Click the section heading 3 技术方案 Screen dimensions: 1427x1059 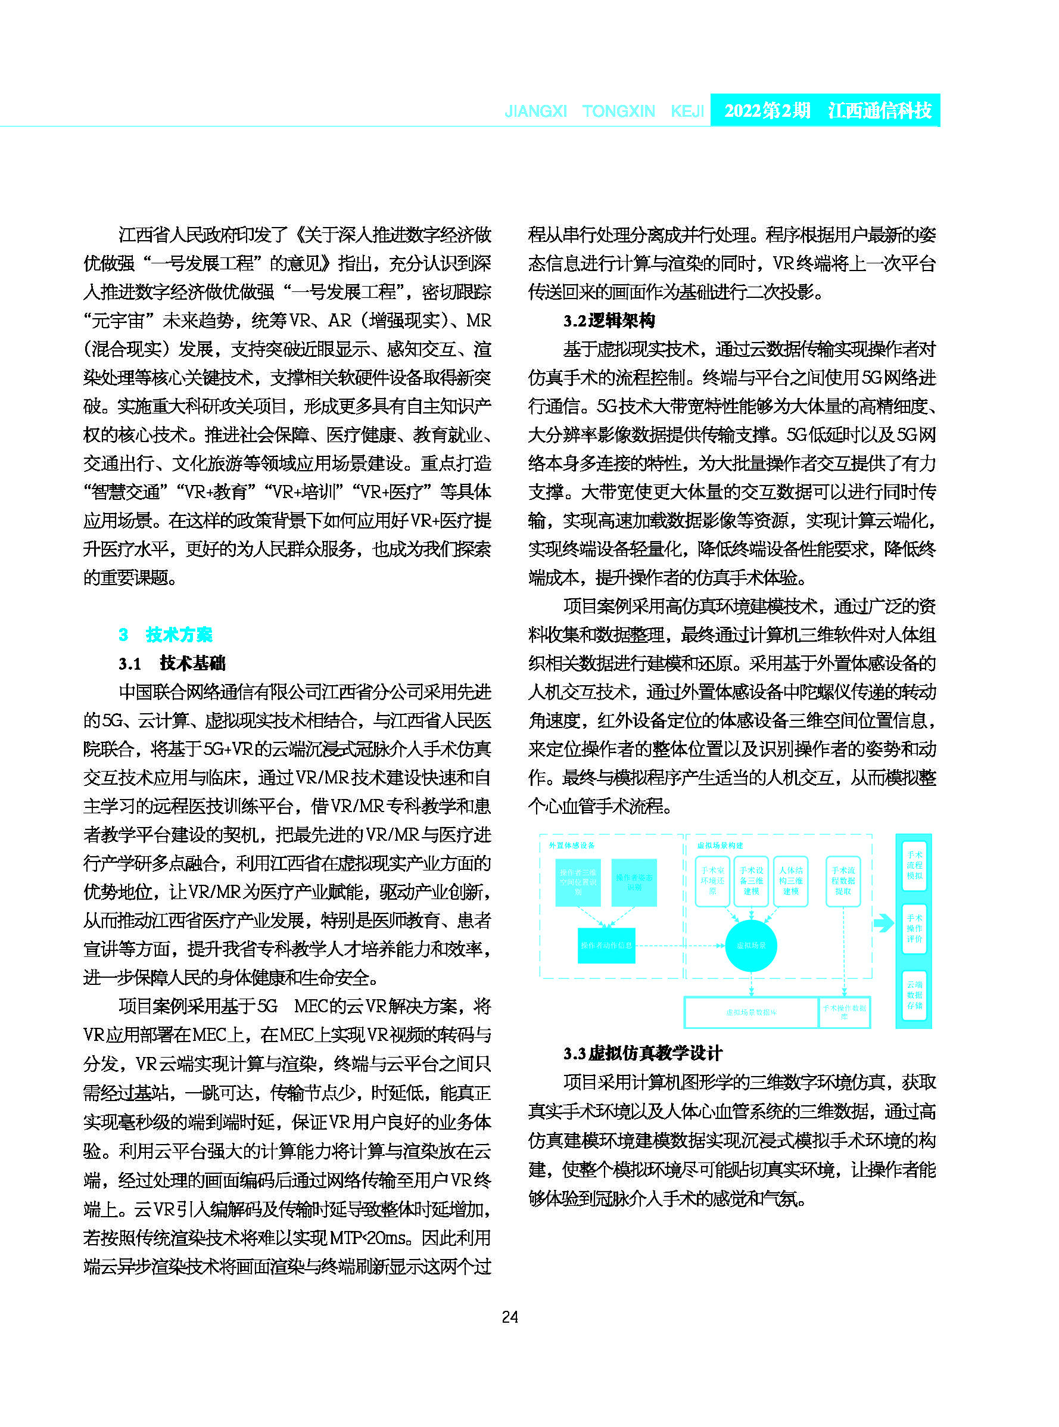point(166,635)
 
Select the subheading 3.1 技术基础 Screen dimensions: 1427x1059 point(172,663)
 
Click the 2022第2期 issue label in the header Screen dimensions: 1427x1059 point(767,110)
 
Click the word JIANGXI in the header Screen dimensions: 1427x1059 point(535,111)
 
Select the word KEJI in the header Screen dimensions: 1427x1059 point(687,111)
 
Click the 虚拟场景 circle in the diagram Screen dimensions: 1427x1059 point(750,946)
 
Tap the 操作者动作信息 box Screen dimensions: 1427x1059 point(606,946)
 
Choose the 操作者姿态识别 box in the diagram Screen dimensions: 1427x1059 point(634,882)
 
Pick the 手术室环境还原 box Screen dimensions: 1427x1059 point(712,881)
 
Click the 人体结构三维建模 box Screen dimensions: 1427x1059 point(790,881)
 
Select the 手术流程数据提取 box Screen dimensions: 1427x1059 point(843,881)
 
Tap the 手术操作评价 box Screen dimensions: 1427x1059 point(914,928)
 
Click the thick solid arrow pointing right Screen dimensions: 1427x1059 point(884,924)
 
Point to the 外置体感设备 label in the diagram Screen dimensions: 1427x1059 point(571,845)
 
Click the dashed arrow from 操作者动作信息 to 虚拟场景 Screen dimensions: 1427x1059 point(680,946)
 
